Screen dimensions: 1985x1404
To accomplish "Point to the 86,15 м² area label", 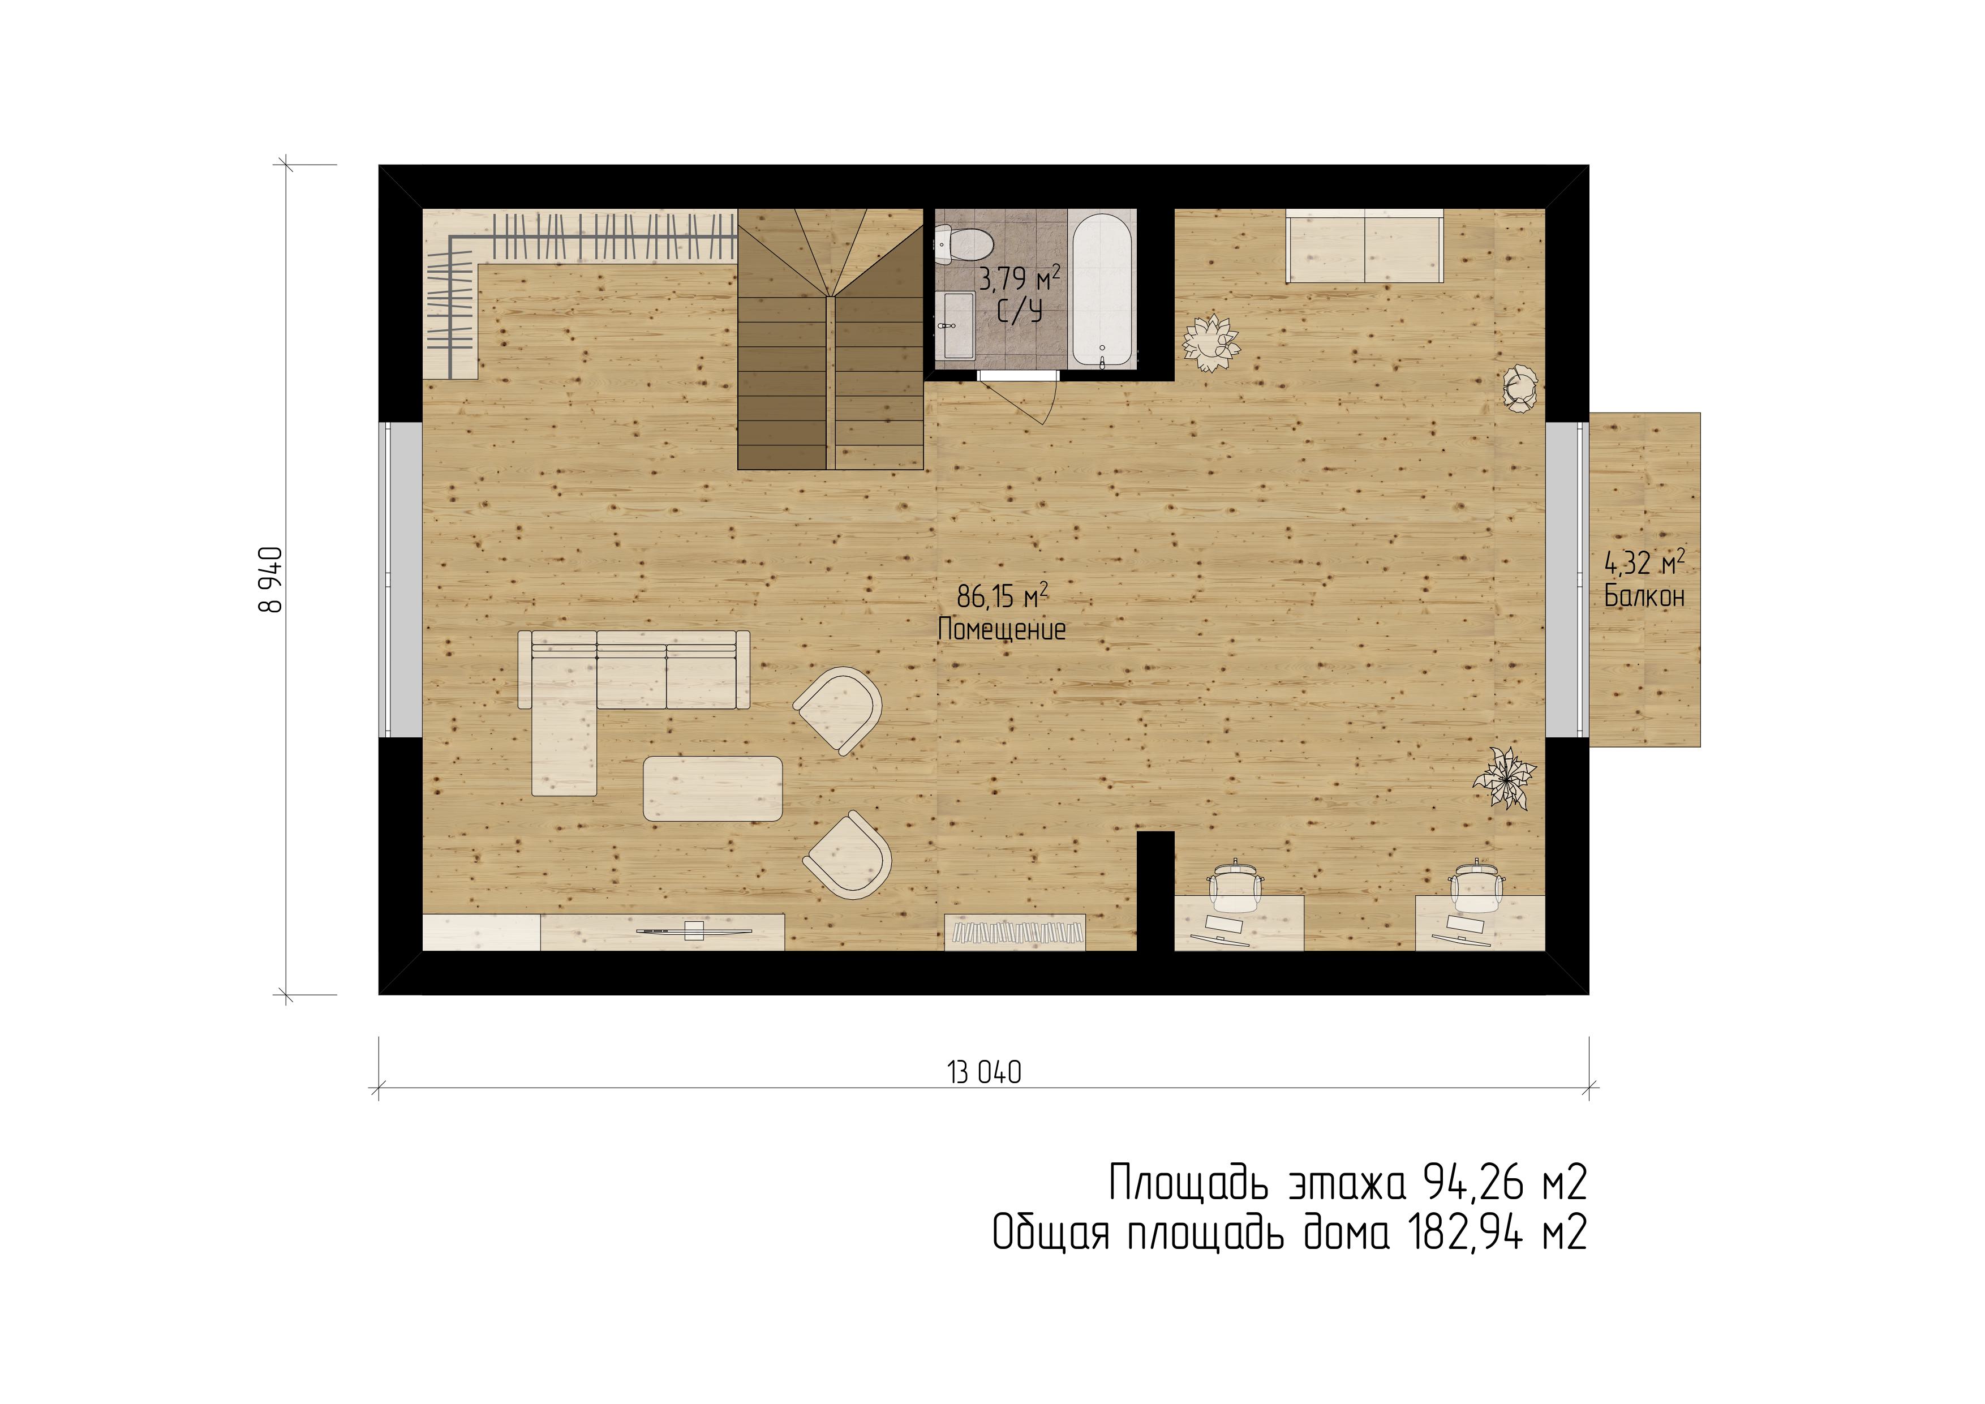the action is pos(1003,596).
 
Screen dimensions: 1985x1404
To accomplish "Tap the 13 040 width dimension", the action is pos(984,1073).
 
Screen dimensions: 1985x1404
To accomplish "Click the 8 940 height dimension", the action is pos(270,579).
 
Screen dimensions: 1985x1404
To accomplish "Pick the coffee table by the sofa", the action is pos(712,788).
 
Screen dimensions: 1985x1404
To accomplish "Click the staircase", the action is pos(831,339).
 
